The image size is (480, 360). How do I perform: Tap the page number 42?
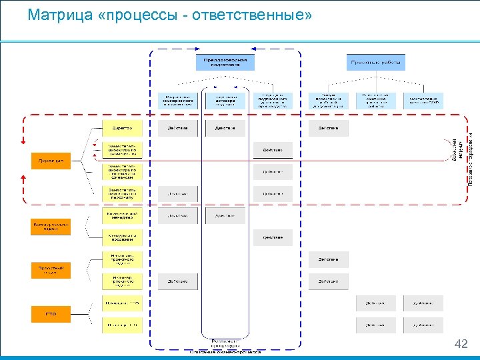point(461,344)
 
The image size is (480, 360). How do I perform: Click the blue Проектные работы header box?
point(376,63)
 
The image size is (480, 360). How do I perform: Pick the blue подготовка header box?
point(225,63)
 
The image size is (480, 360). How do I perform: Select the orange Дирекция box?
point(51,161)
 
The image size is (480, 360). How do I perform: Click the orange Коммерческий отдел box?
point(51,227)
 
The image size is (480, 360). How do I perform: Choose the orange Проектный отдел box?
point(51,270)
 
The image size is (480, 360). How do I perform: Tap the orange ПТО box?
point(51,314)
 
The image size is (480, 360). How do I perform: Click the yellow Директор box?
point(122,128)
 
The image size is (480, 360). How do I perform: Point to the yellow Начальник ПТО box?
point(122,303)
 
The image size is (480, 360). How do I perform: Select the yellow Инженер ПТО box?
point(122,325)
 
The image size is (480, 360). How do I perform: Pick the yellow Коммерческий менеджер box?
point(122,215)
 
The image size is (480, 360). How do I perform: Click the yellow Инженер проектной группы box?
point(122,281)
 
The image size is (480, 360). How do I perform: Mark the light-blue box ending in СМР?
point(423,100)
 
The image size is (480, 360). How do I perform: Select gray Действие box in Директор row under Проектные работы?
point(329,128)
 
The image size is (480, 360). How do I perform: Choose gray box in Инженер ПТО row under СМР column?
point(423,325)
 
